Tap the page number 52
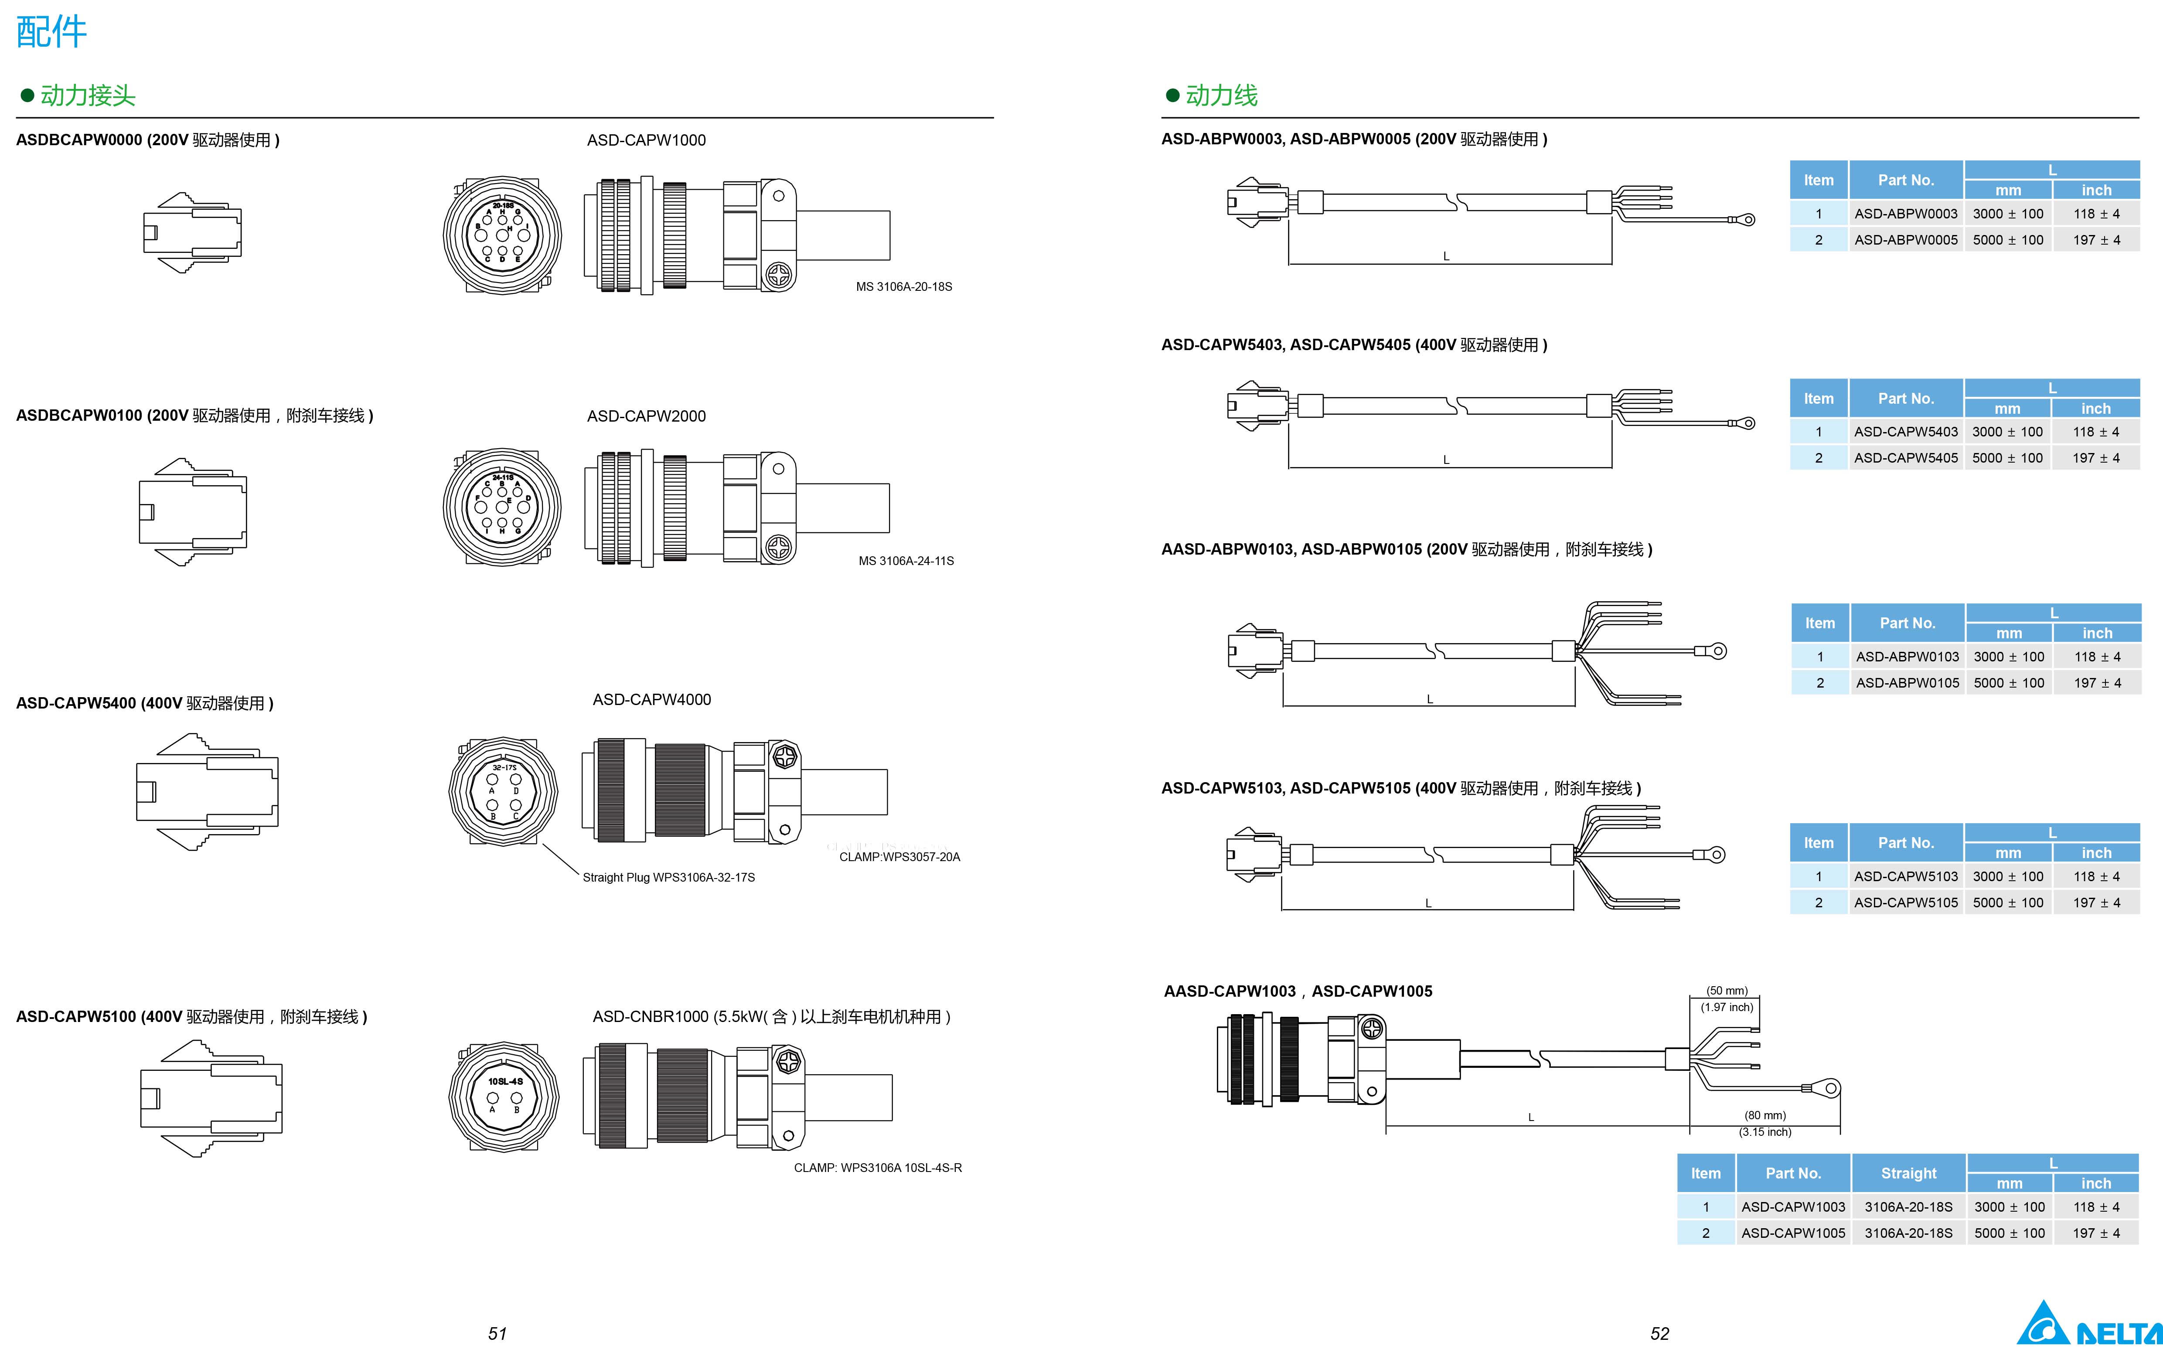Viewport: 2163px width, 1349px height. click(x=1659, y=1333)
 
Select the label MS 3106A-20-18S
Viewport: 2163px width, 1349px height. click(x=903, y=286)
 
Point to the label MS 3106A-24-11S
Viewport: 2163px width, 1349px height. click(x=905, y=560)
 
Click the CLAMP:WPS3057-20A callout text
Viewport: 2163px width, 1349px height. click(x=899, y=856)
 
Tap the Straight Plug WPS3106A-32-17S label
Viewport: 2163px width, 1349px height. click(x=668, y=877)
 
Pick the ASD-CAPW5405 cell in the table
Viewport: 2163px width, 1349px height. click(x=1905, y=458)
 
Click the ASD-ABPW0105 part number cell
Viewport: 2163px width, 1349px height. click(x=1907, y=682)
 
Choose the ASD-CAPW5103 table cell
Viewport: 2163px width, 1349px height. click(x=1905, y=876)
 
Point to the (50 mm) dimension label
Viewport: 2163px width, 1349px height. click(x=1727, y=990)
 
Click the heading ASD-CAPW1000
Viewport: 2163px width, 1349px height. click(x=646, y=140)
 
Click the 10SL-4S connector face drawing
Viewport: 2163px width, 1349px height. click(x=504, y=1097)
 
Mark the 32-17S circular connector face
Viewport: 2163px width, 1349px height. click(x=503, y=790)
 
